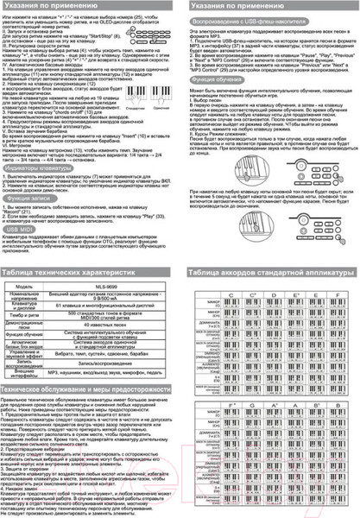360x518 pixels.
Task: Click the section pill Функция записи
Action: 28,198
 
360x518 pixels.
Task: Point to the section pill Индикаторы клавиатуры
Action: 38,169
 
